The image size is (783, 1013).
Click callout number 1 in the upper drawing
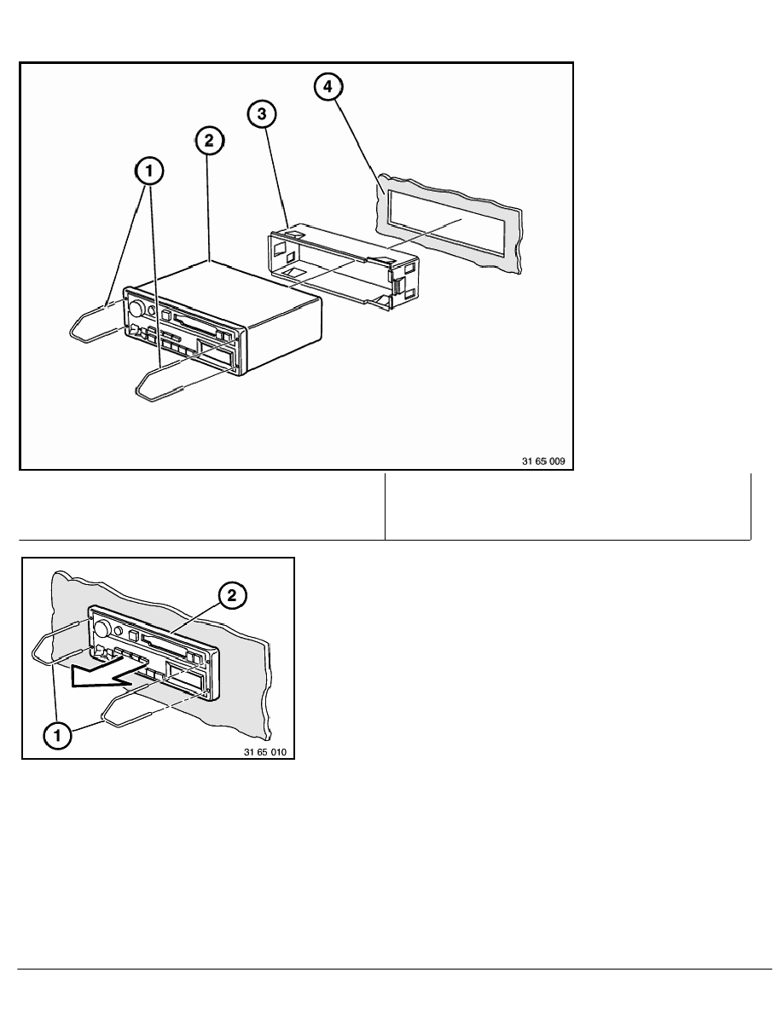[149, 171]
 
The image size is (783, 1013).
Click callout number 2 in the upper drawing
[209, 140]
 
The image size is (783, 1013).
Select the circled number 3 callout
[262, 113]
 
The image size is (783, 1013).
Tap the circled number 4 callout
[328, 86]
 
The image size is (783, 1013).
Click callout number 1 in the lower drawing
[57, 735]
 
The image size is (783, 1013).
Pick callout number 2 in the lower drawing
[232, 596]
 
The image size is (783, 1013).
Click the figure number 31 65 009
[543, 461]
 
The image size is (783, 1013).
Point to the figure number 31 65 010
[265, 752]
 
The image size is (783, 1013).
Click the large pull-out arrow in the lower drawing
[110, 673]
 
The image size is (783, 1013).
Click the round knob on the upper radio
[136, 307]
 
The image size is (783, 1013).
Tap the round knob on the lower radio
[101, 628]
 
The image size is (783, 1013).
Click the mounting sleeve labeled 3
[342, 268]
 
